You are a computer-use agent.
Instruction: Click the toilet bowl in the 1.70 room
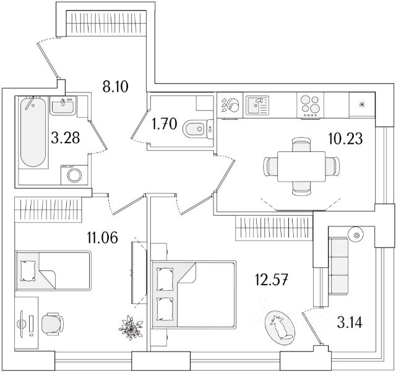tap(194, 129)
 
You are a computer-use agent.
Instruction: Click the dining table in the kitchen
tap(302, 166)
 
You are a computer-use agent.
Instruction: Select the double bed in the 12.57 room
tap(193, 292)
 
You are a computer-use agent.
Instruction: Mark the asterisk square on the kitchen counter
tap(361, 104)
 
